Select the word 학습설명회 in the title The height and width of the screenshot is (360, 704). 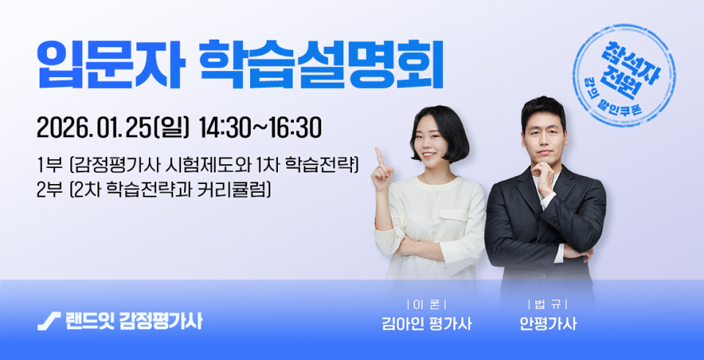321,65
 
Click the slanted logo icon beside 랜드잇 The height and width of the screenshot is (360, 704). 49,321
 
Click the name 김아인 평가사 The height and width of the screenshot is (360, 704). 426,323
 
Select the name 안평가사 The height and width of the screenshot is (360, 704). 548,323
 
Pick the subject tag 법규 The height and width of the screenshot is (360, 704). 548,305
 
